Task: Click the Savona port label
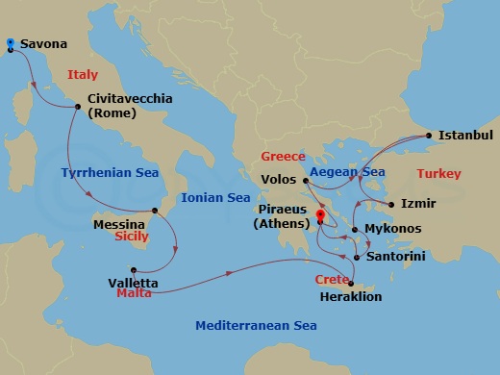click(x=43, y=44)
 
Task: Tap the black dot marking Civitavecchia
click(x=78, y=107)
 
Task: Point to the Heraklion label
click(x=349, y=296)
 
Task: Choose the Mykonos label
click(x=394, y=230)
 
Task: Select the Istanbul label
click(x=465, y=136)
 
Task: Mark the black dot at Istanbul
click(x=428, y=136)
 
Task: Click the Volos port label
click(x=279, y=179)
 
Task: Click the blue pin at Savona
click(x=10, y=43)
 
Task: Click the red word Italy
click(x=83, y=74)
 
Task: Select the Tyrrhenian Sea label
click(x=102, y=174)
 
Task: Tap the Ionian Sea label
click(x=217, y=198)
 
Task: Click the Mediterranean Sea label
click(x=256, y=326)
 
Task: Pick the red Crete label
click(x=333, y=280)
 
